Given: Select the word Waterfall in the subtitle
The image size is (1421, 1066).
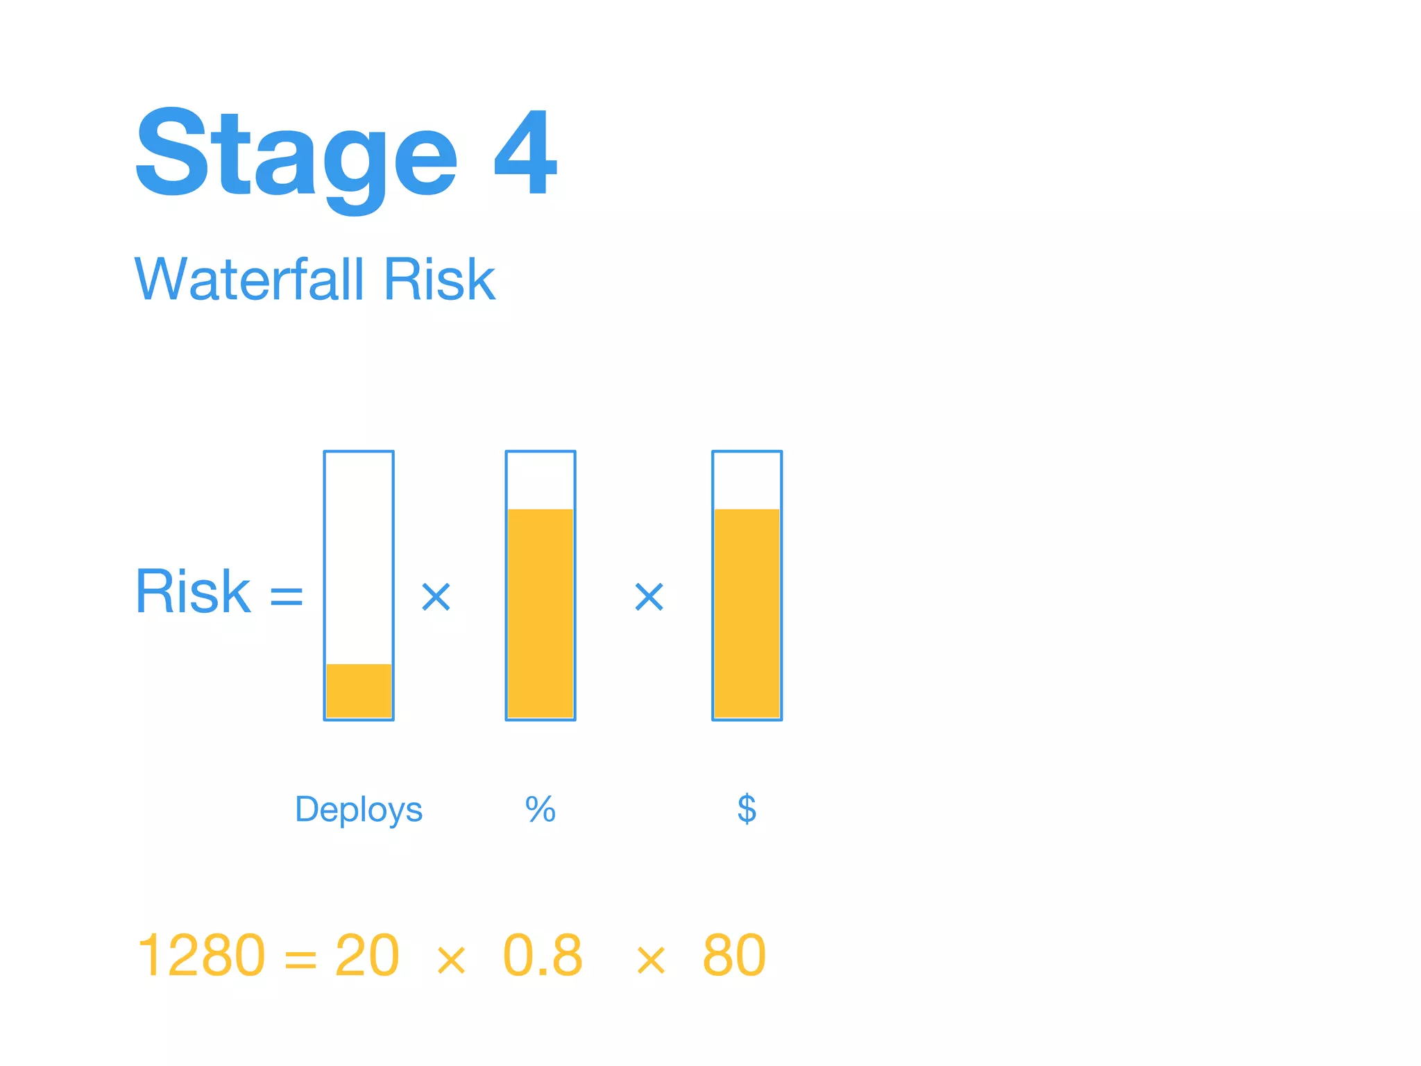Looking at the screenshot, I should click(248, 279).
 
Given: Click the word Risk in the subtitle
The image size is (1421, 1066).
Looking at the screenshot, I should click(439, 279).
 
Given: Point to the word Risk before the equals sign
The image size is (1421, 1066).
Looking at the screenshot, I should click(193, 591).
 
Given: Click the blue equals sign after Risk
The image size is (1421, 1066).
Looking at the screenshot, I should click(287, 595).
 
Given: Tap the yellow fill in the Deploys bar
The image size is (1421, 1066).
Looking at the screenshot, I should click(359, 691).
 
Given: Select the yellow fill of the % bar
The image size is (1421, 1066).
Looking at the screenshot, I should click(541, 614).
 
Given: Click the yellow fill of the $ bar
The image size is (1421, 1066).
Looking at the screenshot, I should click(747, 614).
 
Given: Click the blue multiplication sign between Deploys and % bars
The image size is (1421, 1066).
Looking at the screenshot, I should click(436, 597).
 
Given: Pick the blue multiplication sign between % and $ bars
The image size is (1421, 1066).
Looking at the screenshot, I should click(649, 597).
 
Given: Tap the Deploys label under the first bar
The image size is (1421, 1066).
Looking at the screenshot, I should click(359, 809).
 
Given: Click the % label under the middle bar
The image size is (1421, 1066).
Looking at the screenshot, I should click(541, 809).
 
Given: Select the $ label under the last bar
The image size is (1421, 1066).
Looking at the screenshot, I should click(747, 809).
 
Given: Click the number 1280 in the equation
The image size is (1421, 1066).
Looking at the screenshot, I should click(201, 956).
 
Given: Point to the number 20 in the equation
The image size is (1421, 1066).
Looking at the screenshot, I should click(367, 956).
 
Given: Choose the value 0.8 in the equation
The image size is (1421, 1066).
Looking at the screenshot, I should click(543, 956).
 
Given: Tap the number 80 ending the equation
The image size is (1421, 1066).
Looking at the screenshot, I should click(734, 956).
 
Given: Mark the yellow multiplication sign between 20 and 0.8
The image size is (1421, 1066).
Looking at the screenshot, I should click(452, 961).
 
